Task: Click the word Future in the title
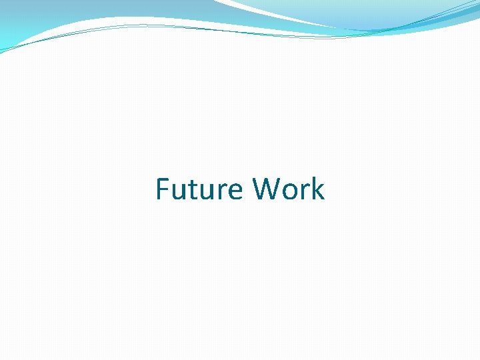199,189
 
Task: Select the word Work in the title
289,189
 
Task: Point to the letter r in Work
306,192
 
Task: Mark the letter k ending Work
317,189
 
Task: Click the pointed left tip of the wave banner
3,51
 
